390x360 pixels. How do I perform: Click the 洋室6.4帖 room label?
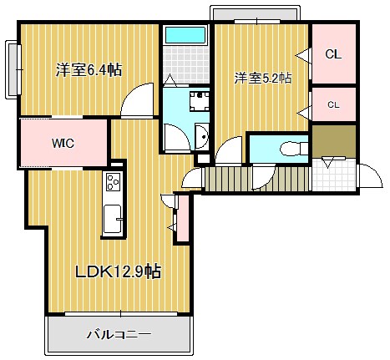coord(89,70)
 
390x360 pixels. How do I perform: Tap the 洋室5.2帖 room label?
coord(263,79)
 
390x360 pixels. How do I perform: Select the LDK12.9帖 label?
coord(118,271)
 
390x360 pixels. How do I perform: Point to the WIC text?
coord(63,144)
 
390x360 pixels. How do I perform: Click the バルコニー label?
coord(119,334)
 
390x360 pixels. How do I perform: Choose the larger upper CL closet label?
coord(333,54)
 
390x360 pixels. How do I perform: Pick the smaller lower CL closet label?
coord(333,105)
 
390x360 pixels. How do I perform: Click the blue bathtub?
coord(185,35)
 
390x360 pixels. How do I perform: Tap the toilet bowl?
coord(293,149)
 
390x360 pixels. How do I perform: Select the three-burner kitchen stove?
coord(114,181)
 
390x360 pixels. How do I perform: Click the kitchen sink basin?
coord(112,220)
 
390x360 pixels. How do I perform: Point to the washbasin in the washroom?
coord(202,136)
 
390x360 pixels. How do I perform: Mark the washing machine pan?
coord(200,102)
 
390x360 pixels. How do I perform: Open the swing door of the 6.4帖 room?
coord(137,99)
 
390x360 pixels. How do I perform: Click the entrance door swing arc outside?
coord(371,175)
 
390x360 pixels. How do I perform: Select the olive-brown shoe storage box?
coord(334,141)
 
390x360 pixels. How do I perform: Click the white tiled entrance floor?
coord(334,175)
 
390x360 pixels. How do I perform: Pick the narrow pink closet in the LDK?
coord(183,218)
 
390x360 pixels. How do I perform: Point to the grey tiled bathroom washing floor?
coord(185,65)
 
